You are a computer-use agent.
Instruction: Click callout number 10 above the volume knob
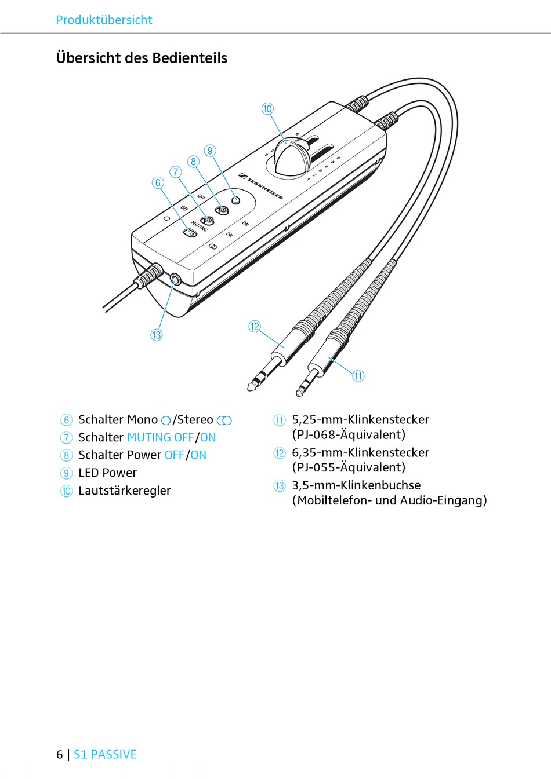[267, 109]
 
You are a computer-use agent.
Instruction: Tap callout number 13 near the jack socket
[157, 335]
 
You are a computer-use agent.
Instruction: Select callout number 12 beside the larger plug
[255, 327]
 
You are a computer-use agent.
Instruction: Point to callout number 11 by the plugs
[358, 376]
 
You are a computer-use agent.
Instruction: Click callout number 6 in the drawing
[158, 182]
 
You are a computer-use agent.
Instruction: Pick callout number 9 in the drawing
[210, 151]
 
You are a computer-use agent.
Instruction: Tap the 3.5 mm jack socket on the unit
[176, 280]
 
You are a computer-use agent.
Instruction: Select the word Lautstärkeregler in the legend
[125, 491]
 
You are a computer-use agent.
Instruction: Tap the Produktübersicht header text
[104, 20]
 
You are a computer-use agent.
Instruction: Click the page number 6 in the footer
[60, 754]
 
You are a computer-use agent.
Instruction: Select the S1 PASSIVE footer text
[105, 754]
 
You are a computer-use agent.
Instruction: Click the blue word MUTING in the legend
[149, 438]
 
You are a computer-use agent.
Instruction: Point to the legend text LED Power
[107, 473]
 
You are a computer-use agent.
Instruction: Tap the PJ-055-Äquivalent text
[350, 467]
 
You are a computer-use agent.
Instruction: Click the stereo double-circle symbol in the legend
[224, 420]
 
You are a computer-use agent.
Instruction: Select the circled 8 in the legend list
[67, 455]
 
